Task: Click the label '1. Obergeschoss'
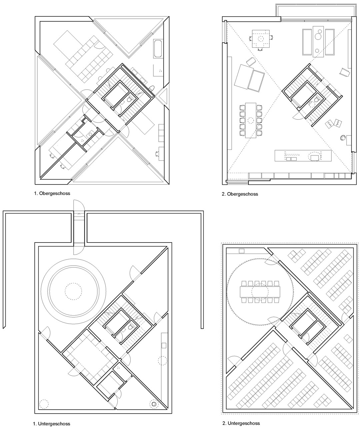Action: (52, 193)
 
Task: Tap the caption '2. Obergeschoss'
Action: (240, 194)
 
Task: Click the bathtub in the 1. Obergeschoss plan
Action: (158, 49)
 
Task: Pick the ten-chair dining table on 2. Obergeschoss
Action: (251, 120)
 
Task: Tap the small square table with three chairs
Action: (261, 39)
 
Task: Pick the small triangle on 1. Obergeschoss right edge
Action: (164, 96)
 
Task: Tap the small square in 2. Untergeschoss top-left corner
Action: (242, 251)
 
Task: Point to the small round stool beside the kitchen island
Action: (343, 138)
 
